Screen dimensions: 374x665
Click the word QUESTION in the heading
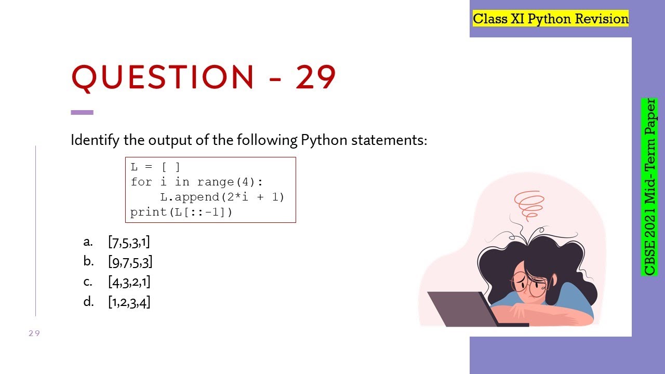point(162,78)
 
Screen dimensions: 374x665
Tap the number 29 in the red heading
point(316,78)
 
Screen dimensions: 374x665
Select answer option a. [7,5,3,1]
point(129,242)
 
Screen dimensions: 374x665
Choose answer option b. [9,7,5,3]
point(130,262)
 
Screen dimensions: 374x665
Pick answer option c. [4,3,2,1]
point(129,282)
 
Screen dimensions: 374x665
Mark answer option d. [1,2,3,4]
point(129,302)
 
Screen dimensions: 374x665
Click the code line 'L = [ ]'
point(155,167)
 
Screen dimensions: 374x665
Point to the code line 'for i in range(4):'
point(197,182)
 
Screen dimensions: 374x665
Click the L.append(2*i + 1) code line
point(222,197)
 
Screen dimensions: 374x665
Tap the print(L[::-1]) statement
point(181,212)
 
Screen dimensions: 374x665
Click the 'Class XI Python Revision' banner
point(551,19)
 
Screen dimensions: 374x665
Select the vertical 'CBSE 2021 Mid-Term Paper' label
point(649,187)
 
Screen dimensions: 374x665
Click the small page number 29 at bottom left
point(34,333)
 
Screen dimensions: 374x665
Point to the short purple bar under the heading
point(82,112)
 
